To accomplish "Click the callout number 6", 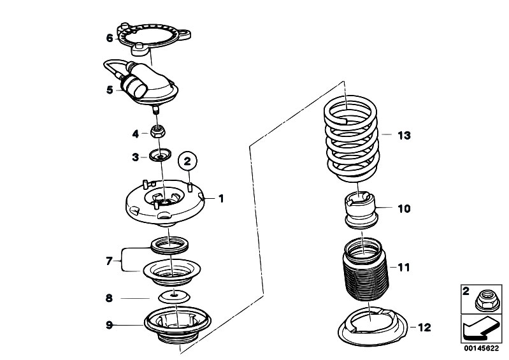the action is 110,38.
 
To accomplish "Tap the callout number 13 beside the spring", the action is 404,135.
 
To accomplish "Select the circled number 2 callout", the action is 187,161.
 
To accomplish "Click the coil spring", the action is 351,139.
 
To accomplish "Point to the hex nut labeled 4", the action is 158,132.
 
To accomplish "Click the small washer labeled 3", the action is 161,155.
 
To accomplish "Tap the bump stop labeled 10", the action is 361,210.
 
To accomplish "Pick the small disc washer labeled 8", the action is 175,296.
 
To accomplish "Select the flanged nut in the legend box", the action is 487,300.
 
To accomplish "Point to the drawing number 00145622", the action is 481,349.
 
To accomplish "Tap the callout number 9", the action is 110,324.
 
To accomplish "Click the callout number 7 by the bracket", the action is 109,261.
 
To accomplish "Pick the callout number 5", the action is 110,90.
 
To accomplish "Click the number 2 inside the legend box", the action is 466,292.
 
